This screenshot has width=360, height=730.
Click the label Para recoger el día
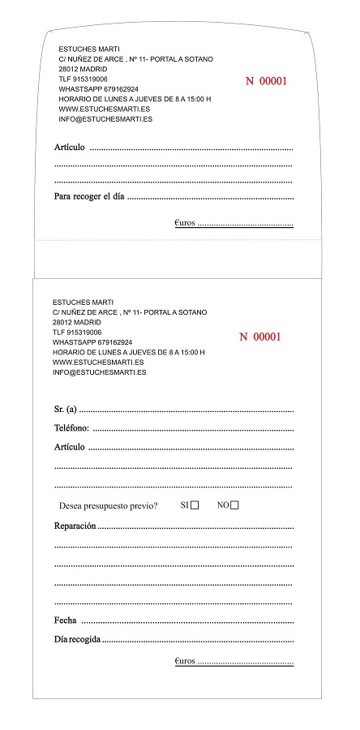point(89,196)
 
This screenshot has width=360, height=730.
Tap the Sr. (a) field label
point(65,409)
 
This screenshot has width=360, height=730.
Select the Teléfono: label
point(72,428)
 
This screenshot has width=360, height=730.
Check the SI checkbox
point(195,505)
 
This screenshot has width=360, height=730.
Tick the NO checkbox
point(234,505)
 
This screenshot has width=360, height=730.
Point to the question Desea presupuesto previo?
point(108,506)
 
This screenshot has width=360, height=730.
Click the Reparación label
point(75,526)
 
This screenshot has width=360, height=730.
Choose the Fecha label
point(66,620)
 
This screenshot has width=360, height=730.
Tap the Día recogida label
point(78,639)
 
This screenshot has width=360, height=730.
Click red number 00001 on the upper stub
point(267,81)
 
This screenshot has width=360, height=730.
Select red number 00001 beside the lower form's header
point(260,337)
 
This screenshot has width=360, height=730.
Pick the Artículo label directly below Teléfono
point(71,447)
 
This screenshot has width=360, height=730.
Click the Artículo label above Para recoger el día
point(71,148)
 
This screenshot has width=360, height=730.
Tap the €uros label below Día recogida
point(185,661)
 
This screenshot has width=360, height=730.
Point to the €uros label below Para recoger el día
point(185,221)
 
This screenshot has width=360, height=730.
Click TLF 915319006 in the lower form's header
point(77,333)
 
